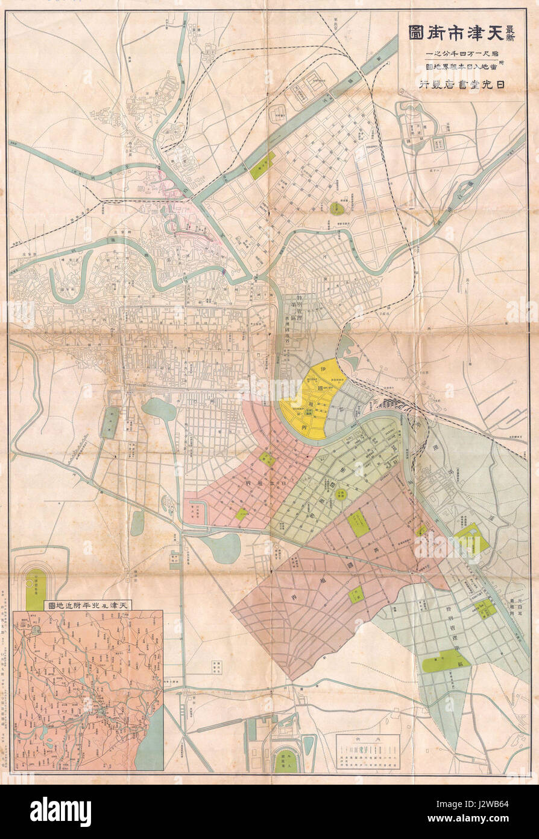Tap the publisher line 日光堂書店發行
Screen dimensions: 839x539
click(x=464, y=85)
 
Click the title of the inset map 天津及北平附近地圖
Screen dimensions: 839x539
click(x=89, y=604)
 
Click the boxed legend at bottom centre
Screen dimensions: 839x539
click(x=368, y=751)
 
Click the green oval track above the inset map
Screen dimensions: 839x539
click(x=36, y=589)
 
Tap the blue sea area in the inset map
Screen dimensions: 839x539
click(x=150, y=739)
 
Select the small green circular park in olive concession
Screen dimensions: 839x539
click(x=341, y=494)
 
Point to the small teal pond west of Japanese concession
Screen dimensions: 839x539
click(x=159, y=409)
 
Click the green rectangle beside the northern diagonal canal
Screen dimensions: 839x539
click(x=262, y=165)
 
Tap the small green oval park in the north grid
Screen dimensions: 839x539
click(x=336, y=209)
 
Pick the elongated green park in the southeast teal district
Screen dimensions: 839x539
click(x=445, y=663)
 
